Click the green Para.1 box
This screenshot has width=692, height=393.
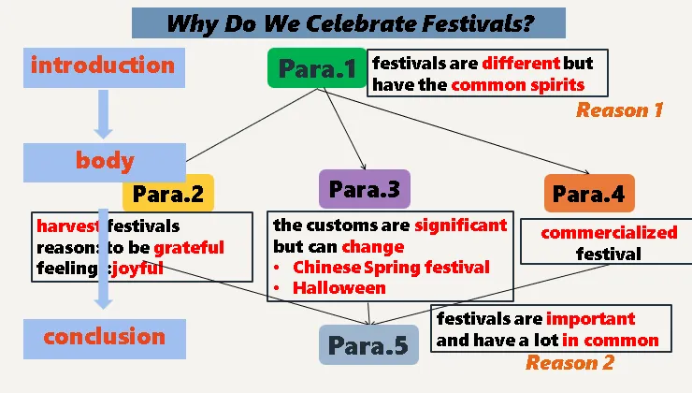click(x=317, y=68)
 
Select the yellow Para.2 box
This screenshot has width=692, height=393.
click(x=168, y=194)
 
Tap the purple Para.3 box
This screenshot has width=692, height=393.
click(x=365, y=189)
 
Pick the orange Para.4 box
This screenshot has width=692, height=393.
click(x=589, y=194)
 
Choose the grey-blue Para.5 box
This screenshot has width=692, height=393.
click(x=368, y=345)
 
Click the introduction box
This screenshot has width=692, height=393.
click(x=104, y=67)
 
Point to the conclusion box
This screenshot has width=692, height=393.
click(x=105, y=339)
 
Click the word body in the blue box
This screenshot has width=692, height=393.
click(x=105, y=161)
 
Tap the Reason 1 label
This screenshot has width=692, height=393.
click(x=620, y=110)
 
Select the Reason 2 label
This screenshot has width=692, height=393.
click(x=569, y=363)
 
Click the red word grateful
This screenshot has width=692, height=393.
click(x=189, y=248)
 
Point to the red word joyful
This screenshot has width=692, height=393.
click(x=137, y=269)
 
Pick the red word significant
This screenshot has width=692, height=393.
click(x=461, y=226)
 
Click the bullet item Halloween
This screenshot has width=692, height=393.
click(x=339, y=288)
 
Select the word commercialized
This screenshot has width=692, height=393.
click(x=609, y=232)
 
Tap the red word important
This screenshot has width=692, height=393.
click(x=590, y=319)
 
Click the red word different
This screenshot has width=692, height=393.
click(x=521, y=63)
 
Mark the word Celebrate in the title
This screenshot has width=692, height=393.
click(x=361, y=23)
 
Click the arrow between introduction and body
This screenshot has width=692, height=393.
click(x=103, y=114)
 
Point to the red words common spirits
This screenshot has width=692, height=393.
click(x=518, y=85)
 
